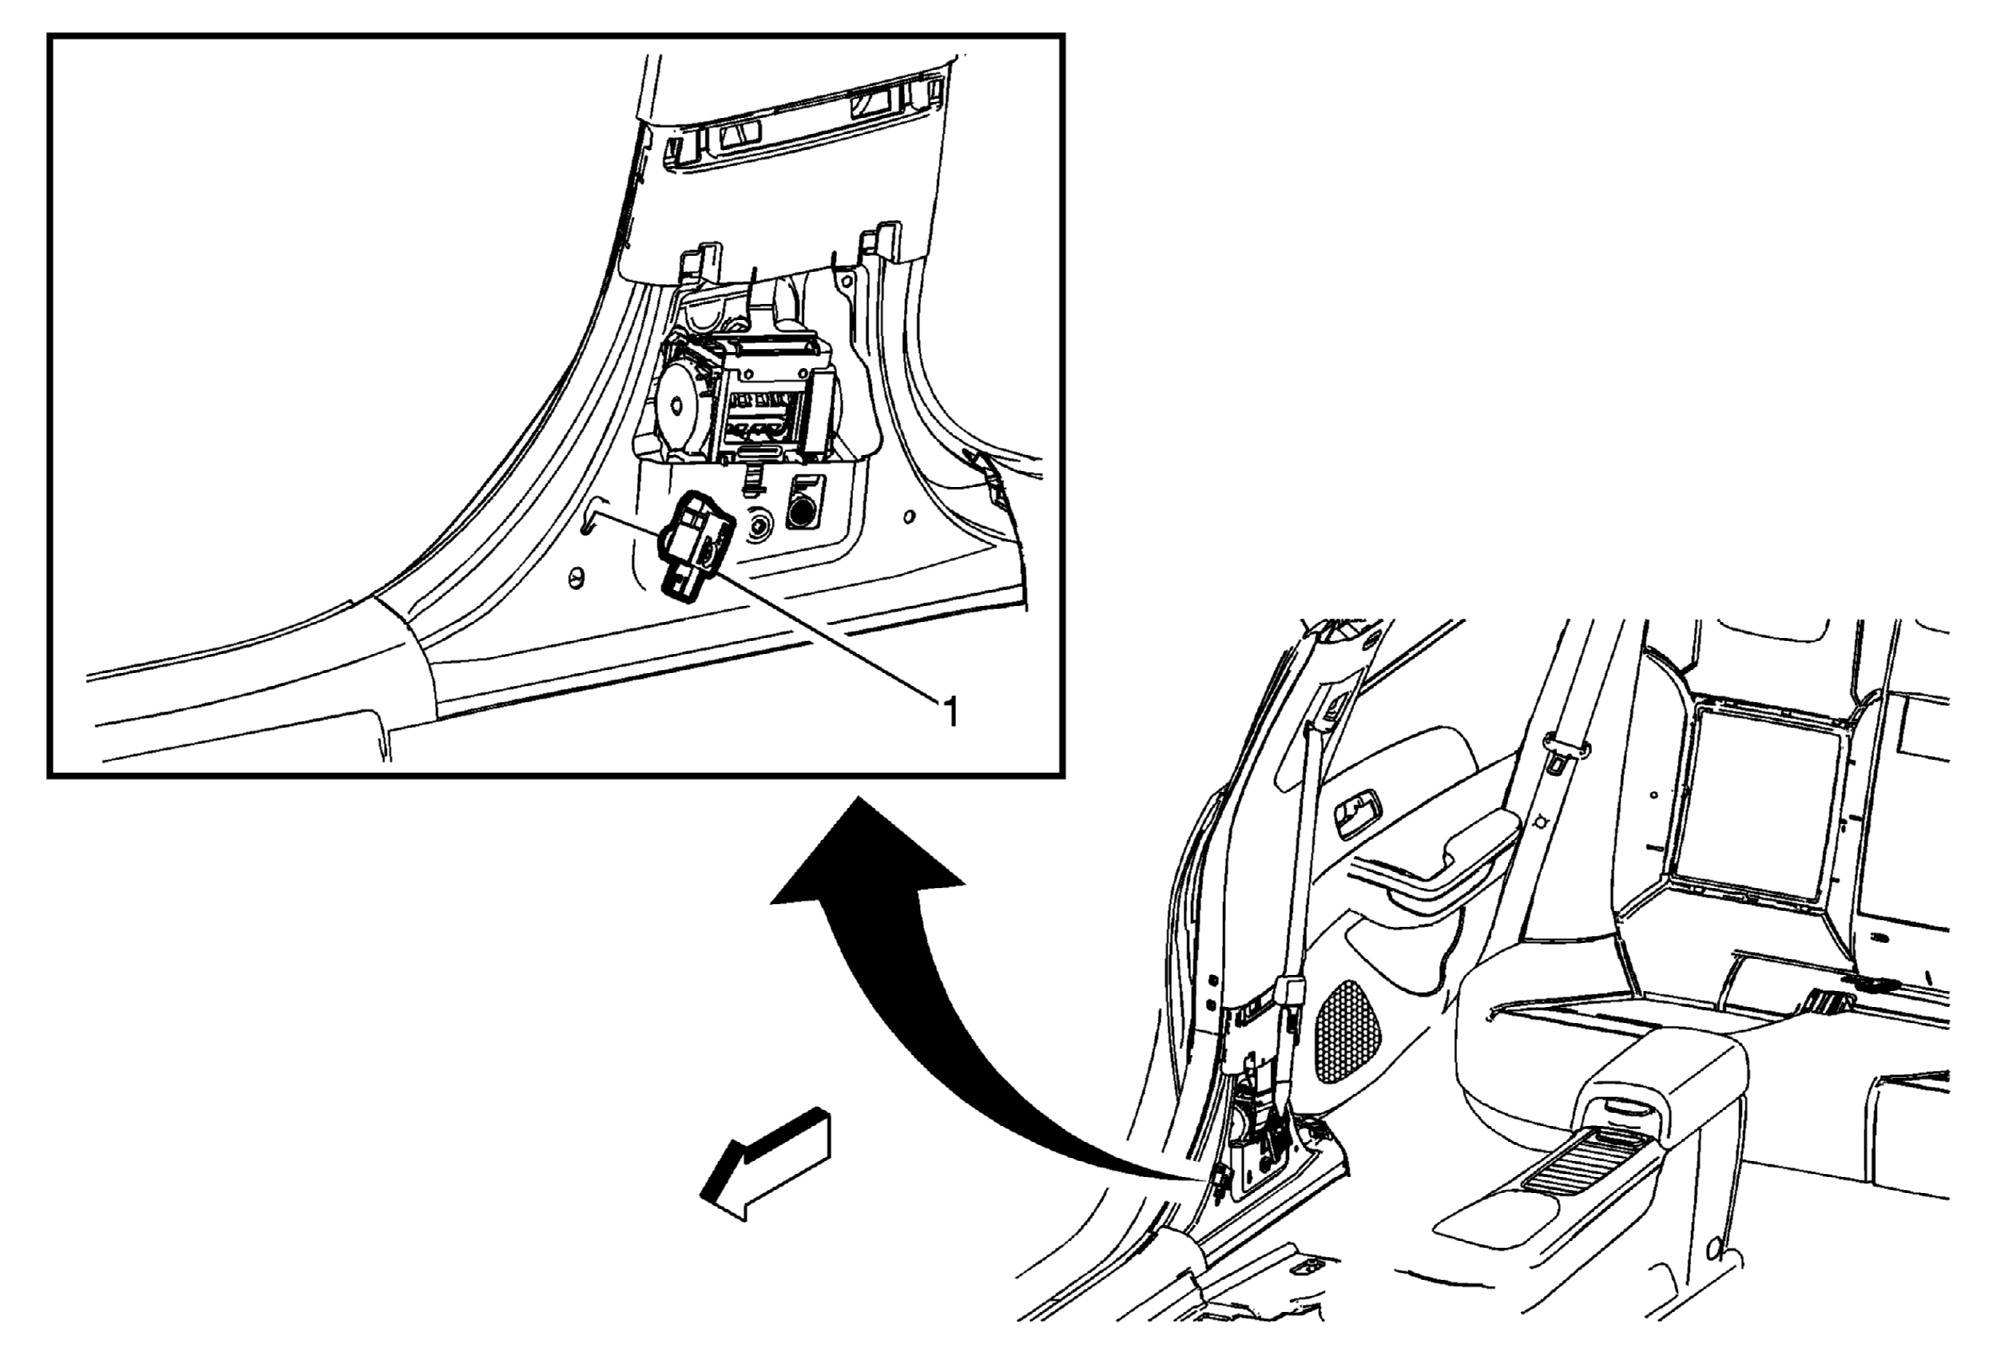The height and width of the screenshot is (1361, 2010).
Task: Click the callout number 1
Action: pos(950,712)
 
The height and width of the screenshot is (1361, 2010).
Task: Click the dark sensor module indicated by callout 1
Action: pos(695,546)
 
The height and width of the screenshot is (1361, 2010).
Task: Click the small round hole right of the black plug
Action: pos(908,516)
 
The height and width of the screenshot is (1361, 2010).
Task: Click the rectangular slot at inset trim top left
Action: pos(738,134)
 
